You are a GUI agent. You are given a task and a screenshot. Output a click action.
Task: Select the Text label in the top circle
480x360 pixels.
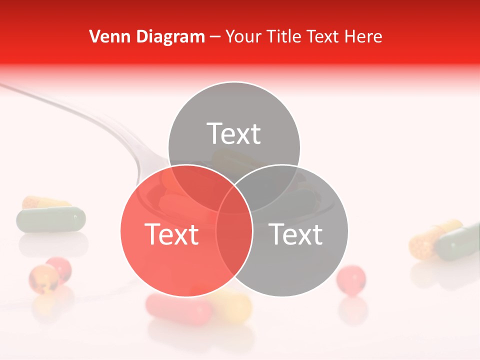pos(234,134)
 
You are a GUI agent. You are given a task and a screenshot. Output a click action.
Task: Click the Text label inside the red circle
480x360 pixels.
pos(171,234)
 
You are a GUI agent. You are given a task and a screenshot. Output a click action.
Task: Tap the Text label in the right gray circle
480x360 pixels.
pos(296,234)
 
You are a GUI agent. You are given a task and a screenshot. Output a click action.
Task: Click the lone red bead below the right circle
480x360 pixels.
pos(350,279)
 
